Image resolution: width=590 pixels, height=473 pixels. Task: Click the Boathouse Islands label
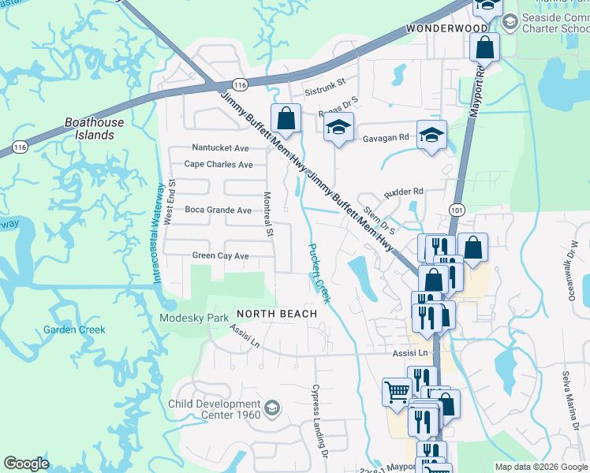tap(94, 128)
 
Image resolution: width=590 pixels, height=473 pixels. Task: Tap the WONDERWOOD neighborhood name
tap(448, 28)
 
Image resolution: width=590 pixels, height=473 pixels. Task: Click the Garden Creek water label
tap(74, 330)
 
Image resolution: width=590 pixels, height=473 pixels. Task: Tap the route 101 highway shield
tap(456, 210)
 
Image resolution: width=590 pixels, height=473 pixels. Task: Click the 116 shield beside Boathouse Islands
tap(20, 147)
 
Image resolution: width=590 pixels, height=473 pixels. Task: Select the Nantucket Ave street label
tap(221, 148)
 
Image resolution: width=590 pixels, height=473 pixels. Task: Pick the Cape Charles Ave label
tap(218, 165)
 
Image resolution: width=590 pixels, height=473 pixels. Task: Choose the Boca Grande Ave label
tap(218, 210)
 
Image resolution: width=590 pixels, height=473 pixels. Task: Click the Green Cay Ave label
tap(220, 255)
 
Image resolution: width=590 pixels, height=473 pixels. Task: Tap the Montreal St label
tap(268, 214)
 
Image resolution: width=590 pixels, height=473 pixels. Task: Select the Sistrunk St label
tap(325, 81)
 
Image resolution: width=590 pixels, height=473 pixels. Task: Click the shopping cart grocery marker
tap(397, 391)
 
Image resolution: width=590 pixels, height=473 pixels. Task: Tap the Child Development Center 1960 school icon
tap(272, 407)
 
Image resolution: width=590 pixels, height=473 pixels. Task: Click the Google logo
tap(26, 464)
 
